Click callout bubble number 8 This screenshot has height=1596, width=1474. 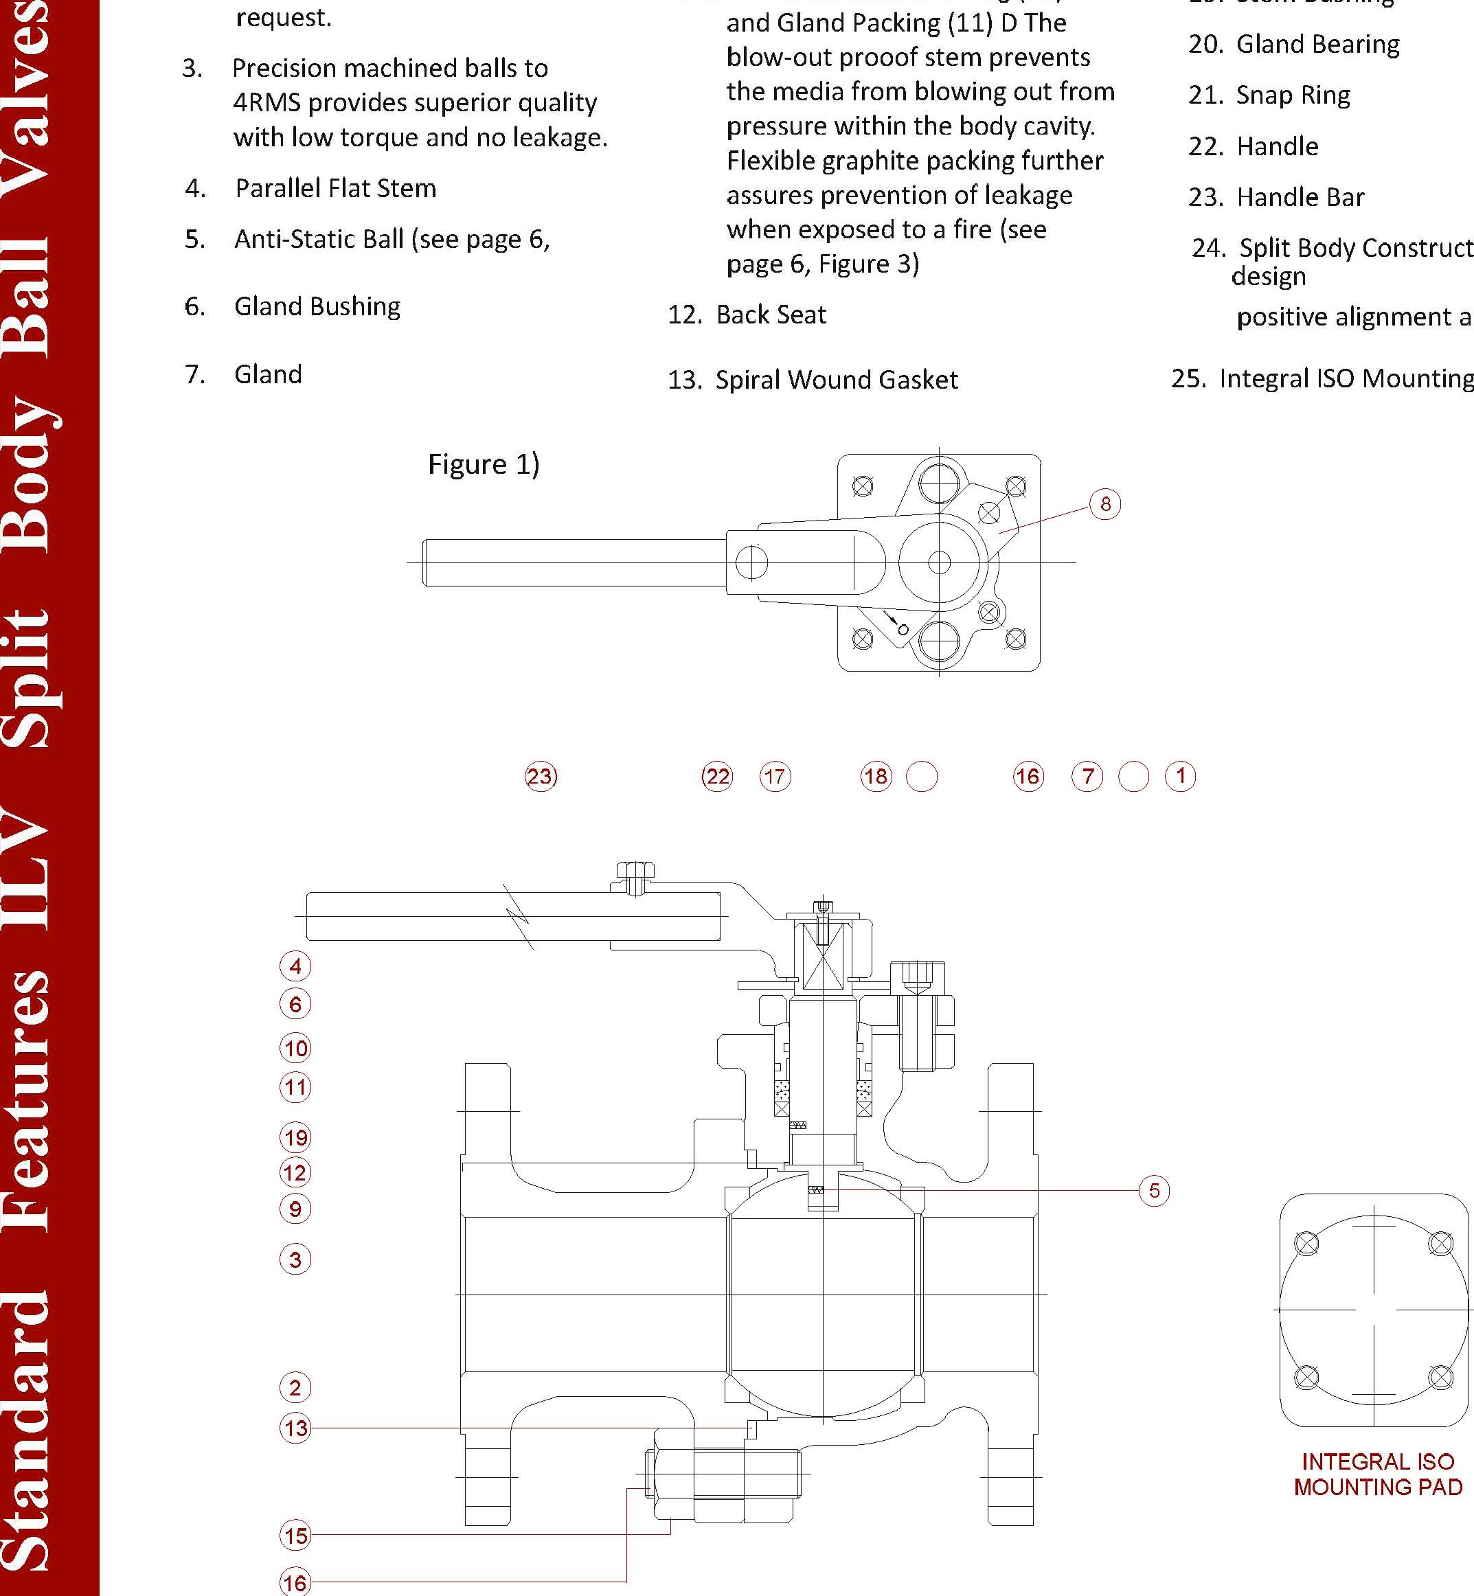click(1104, 504)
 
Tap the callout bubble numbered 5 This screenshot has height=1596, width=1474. click(1153, 1191)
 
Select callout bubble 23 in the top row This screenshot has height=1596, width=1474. click(541, 776)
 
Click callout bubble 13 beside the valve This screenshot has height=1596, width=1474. click(295, 1428)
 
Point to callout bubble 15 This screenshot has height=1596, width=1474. click(295, 1536)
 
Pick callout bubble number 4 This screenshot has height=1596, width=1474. click(295, 966)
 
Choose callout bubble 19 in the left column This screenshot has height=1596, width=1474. click(295, 1137)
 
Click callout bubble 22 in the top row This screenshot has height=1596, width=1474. click(716, 776)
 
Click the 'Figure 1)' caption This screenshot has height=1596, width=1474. click(484, 464)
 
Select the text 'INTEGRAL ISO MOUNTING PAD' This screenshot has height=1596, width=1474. click(1377, 1474)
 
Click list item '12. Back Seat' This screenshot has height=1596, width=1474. click(747, 315)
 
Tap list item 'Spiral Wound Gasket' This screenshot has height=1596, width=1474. click(836, 380)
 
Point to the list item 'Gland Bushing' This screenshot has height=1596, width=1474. click(317, 306)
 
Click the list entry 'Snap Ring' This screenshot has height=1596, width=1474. click(1292, 95)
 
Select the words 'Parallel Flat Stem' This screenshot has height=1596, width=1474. click(335, 188)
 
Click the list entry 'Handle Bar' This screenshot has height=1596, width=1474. click(1300, 197)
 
